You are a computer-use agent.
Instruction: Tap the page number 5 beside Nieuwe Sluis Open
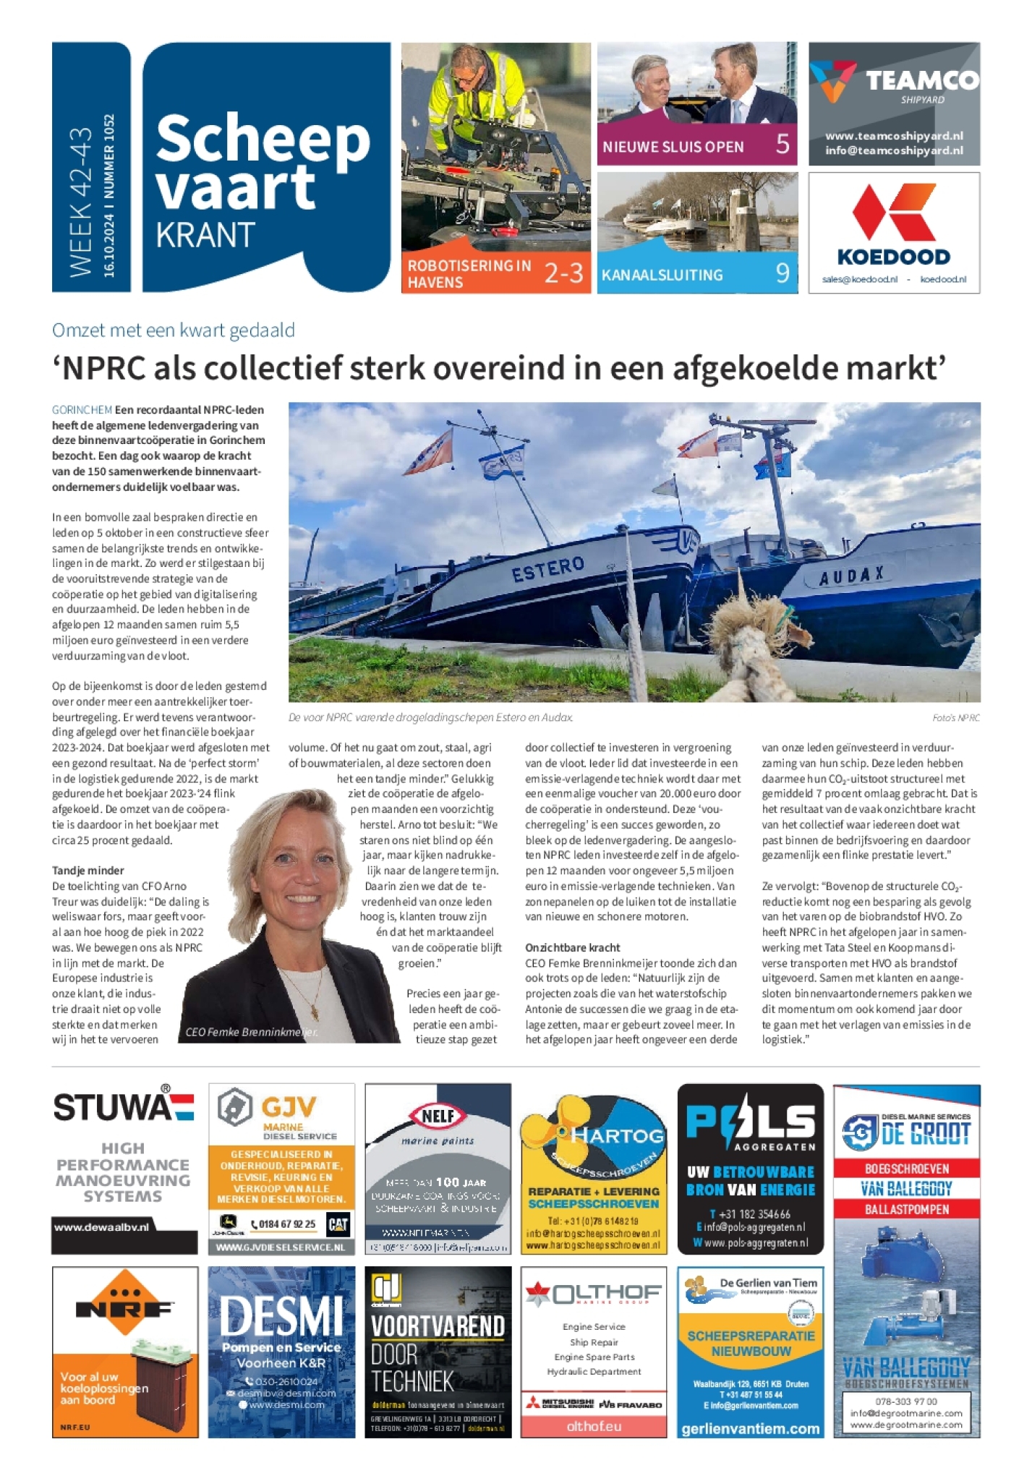click(782, 144)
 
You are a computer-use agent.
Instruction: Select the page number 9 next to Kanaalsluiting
click(782, 273)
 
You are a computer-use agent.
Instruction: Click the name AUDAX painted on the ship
click(852, 576)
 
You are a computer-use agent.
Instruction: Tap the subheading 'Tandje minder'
click(88, 870)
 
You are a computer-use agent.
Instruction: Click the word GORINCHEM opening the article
click(82, 409)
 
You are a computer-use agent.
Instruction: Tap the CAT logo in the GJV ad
click(338, 1224)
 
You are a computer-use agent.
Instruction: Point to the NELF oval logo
click(438, 1117)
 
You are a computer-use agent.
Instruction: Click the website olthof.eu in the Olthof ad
click(594, 1426)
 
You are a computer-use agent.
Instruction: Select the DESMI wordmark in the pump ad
click(281, 1315)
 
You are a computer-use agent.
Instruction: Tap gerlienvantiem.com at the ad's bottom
click(750, 1429)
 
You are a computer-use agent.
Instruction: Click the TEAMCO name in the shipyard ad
click(922, 80)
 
